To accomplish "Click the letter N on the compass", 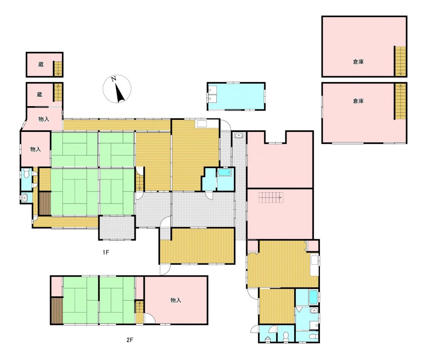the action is point(114,79).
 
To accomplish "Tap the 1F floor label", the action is point(106,252).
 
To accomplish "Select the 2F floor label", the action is point(130,340).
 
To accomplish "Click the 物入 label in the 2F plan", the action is point(176,300).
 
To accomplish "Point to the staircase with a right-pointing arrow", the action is point(271,198).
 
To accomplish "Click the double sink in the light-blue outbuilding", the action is point(212,94).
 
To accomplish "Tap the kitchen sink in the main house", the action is point(202,124).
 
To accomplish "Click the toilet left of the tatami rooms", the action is point(26,174).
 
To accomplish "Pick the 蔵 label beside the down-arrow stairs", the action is point(41,65).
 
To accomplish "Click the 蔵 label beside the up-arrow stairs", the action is point(40,95).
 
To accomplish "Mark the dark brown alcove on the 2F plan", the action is point(57,310).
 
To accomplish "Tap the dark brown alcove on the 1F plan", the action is point(45,204).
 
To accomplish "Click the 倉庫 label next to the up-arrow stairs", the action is point(358,101).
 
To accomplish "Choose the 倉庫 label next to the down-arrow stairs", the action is point(358,62).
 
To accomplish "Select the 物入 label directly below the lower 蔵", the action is point(44,119).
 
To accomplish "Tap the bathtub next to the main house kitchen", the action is point(225,172).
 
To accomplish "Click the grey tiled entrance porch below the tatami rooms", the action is point(117,228).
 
